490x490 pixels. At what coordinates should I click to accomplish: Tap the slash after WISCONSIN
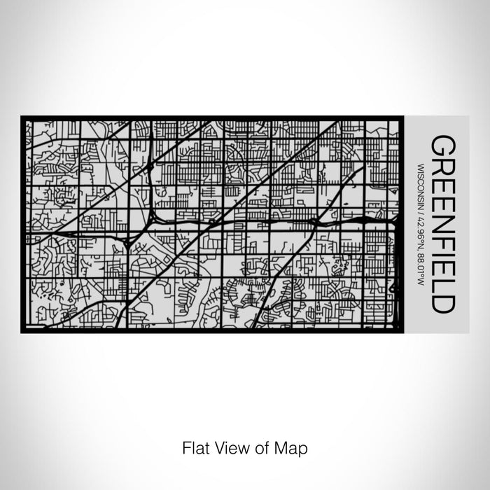(x=421, y=206)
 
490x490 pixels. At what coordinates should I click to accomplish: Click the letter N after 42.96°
(x=421, y=242)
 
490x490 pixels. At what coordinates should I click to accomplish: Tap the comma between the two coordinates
(x=421, y=248)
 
